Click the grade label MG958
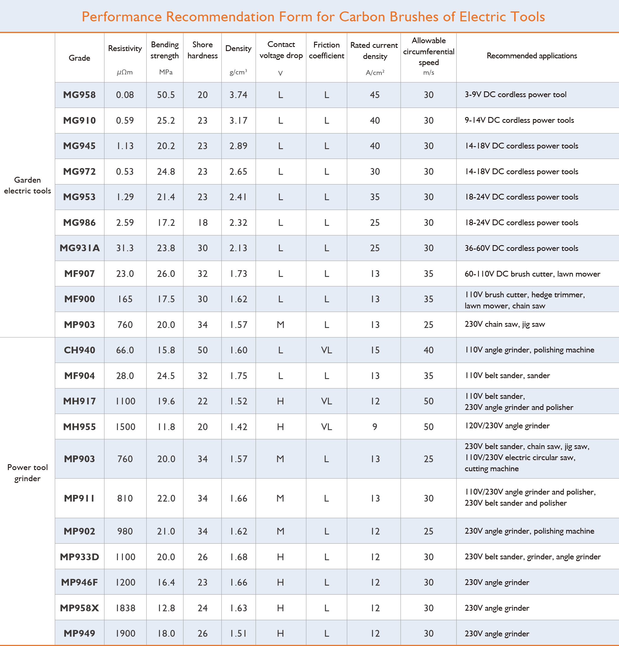tap(79, 95)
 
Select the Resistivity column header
tap(125, 48)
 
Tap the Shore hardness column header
tap(202, 50)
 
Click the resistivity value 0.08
tap(125, 95)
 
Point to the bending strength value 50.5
tap(166, 95)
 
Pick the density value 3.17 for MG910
tap(238, 121)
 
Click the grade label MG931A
tap(79, 248)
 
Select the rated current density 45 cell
tap(374, 95)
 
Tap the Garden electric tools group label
tap(27, 185)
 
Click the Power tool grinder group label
tap(27, 473)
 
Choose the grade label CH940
tap(79, 350)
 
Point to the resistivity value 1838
tap(125, 608)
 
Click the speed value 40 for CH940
tap(428, 350)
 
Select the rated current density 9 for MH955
tap(374, 427)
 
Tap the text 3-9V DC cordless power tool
tap(515, 95)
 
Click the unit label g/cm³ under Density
tap(238, 72)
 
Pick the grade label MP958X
tap(79, 608)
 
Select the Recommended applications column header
tap(532, 56)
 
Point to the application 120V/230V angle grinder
tap(507, 426)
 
